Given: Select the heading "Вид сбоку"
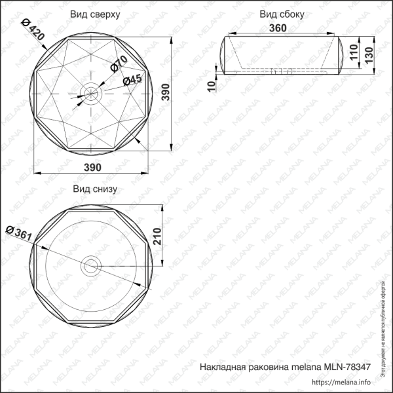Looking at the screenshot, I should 282,14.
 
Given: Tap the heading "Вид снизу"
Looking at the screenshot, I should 94,189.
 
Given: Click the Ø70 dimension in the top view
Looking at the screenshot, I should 119,64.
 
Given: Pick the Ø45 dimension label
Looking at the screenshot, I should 132,80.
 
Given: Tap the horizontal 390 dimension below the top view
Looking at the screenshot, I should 93,167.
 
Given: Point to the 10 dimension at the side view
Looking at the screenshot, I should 211,85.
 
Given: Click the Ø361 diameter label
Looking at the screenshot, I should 18,233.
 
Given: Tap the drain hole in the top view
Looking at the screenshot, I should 90,92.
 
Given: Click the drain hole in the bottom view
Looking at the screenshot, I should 90,266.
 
